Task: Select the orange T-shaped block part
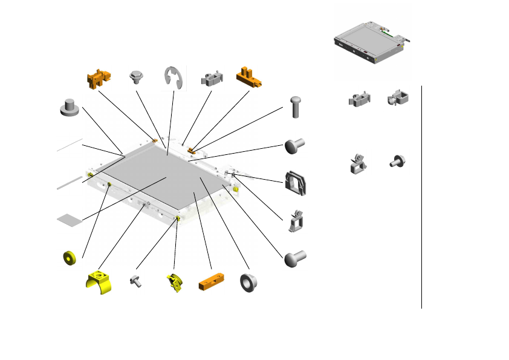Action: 247,76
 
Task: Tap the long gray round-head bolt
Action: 295,107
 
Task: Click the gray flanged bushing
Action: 248,282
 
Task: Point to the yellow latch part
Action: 173,283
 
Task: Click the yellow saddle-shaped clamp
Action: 98,283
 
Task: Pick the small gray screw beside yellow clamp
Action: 136,281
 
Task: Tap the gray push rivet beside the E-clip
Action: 136,77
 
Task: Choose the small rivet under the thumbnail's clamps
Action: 398,161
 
